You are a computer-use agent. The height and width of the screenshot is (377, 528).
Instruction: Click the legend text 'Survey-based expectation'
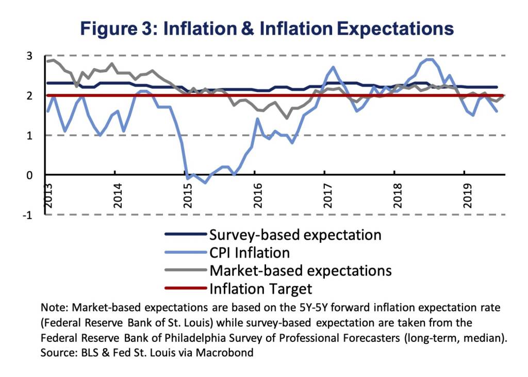pyautogui.click(x=295, y=235)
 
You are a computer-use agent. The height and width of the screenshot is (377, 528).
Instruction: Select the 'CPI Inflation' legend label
pyautogui.click(x=249, y=253)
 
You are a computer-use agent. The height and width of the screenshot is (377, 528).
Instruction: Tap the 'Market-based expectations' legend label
pyautogui.click(x=300, y=270)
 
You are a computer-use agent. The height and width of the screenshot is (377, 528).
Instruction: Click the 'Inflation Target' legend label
pyautogui.click(x=260, y=288)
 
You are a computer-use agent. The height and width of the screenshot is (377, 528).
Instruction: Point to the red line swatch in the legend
pyautogui.click(x=186, y=288)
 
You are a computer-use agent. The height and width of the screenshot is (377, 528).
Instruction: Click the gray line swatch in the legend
pyautogui.click(x=186, y=270)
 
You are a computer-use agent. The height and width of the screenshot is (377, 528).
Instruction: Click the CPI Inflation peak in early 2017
pyautogui.click(x=333, y=67)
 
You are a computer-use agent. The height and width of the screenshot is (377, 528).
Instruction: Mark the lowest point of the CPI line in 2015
pyautogui.click(x=205, y=183)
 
